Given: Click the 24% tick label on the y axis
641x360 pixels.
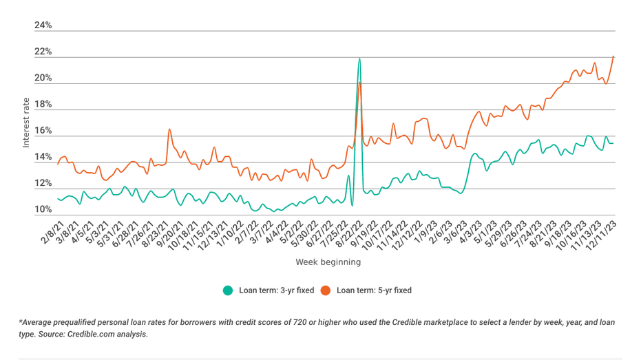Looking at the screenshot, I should click(43, 25).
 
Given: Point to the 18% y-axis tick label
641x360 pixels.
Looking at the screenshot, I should click(43, 105).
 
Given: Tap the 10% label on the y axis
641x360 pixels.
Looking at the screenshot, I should click(43, 210).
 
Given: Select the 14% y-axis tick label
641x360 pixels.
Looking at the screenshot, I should click(43, 158).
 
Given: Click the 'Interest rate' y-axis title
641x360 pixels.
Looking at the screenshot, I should click(26, 122).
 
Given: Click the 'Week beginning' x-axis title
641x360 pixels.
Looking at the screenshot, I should click(328, 262).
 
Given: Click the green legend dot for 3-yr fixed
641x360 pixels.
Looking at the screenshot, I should click(228, 290).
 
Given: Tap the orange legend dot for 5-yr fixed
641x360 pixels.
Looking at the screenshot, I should click(326, 290).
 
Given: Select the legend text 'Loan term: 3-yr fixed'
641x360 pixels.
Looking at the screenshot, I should click(276, 290).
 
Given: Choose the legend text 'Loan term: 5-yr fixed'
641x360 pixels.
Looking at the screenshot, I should click(374, 290).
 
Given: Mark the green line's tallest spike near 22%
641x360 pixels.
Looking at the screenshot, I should click(359, 59).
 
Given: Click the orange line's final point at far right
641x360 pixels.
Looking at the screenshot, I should click(613, 56).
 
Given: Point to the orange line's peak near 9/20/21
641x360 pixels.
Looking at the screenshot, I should click(169, 129).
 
